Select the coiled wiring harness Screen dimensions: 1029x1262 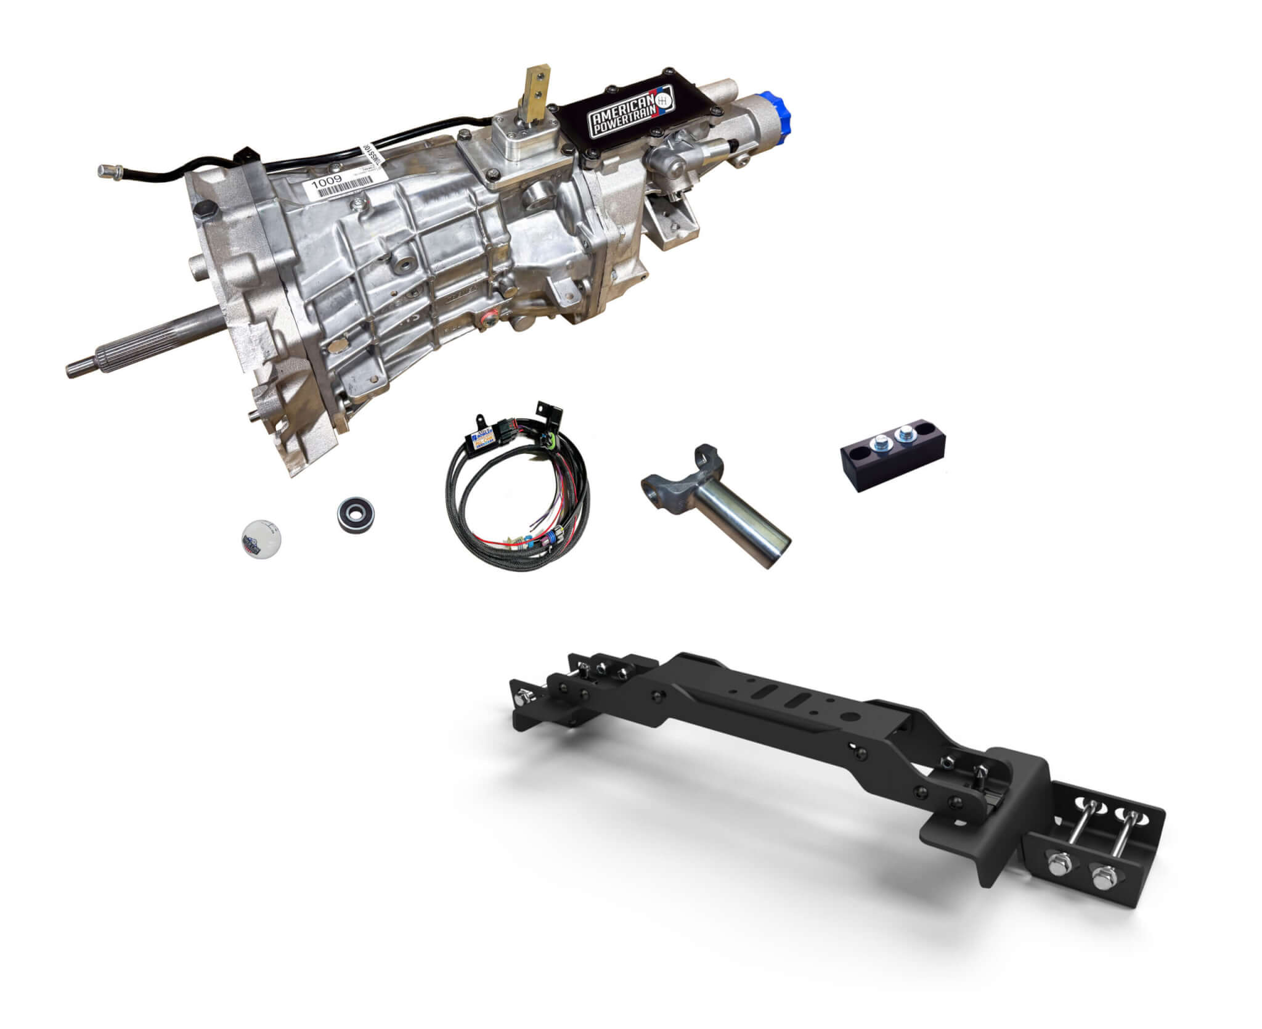tap(518, 506)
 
